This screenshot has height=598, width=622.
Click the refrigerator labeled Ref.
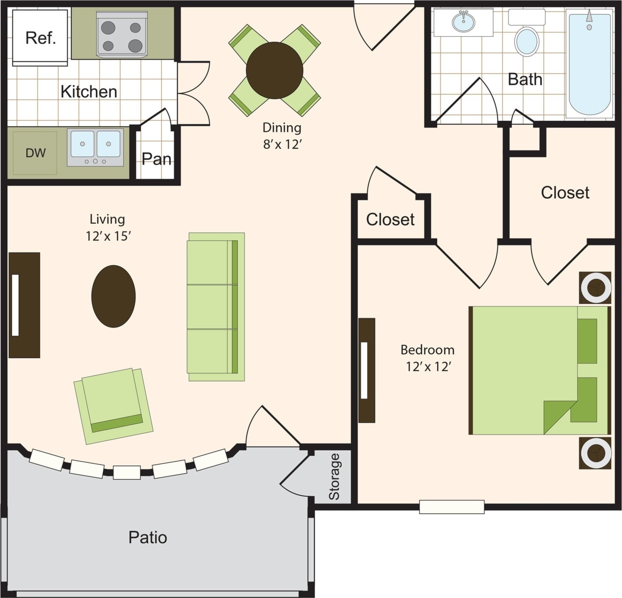pos(40,37)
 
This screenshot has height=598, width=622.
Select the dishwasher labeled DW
pos(35,153)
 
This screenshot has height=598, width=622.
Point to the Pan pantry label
pos(156,159)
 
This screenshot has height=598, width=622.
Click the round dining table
pos(274,70)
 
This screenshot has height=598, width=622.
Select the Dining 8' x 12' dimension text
pos(282,136)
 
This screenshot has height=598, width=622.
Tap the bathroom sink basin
pos(463,22)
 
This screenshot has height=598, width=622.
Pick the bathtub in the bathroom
pos(590,64)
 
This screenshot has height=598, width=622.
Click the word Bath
pos(525,79)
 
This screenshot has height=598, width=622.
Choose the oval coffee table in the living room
pos(113,296)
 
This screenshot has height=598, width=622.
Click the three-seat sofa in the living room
pos(216,306)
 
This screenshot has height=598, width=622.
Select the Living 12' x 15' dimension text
pos(108,228)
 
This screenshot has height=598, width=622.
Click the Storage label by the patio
pos(334,476)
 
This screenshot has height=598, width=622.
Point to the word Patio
pos(148,537)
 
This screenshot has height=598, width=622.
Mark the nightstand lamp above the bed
pos(595,288)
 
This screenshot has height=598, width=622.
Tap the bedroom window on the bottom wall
pos(451,507)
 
